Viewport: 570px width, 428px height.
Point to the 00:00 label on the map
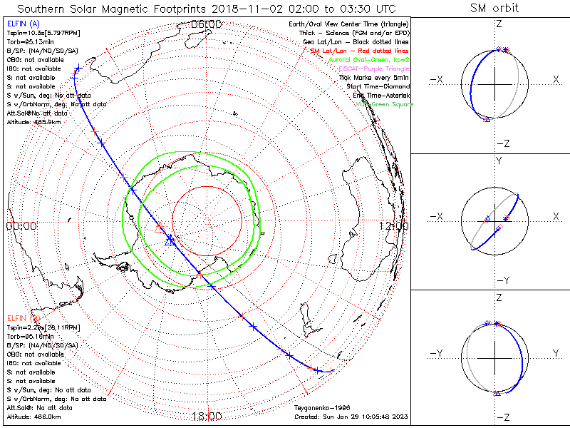[21, 226]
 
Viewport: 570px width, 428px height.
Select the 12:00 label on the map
[394, 226]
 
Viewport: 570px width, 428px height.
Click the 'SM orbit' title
[495, 9]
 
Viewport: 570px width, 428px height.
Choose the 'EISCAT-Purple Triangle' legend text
[378, 68]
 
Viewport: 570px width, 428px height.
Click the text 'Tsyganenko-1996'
[318, 408]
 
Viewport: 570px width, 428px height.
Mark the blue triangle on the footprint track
[170, 242]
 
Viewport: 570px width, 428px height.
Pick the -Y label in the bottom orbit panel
[438, 354]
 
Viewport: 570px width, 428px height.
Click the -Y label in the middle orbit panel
[502, 280]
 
